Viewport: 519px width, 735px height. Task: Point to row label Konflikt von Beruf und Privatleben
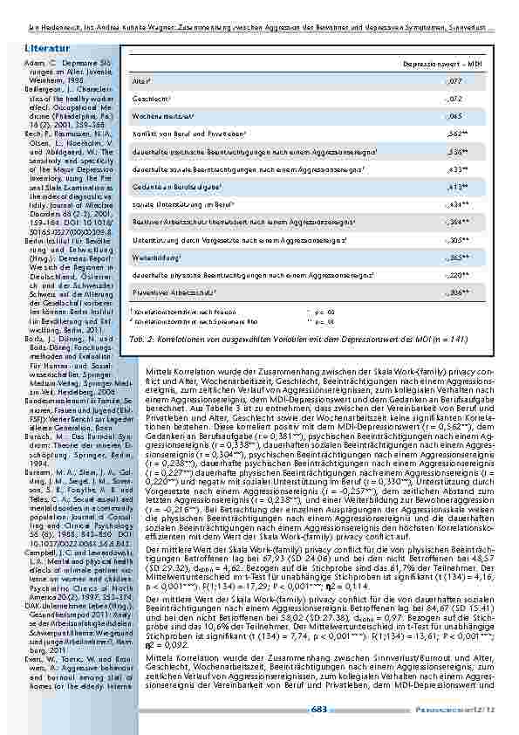(x=188, y=134)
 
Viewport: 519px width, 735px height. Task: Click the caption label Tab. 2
(x=140, y=337)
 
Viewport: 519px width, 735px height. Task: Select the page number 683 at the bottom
(x=319, y=709)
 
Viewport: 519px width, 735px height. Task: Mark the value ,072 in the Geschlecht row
(x=454, y=98)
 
